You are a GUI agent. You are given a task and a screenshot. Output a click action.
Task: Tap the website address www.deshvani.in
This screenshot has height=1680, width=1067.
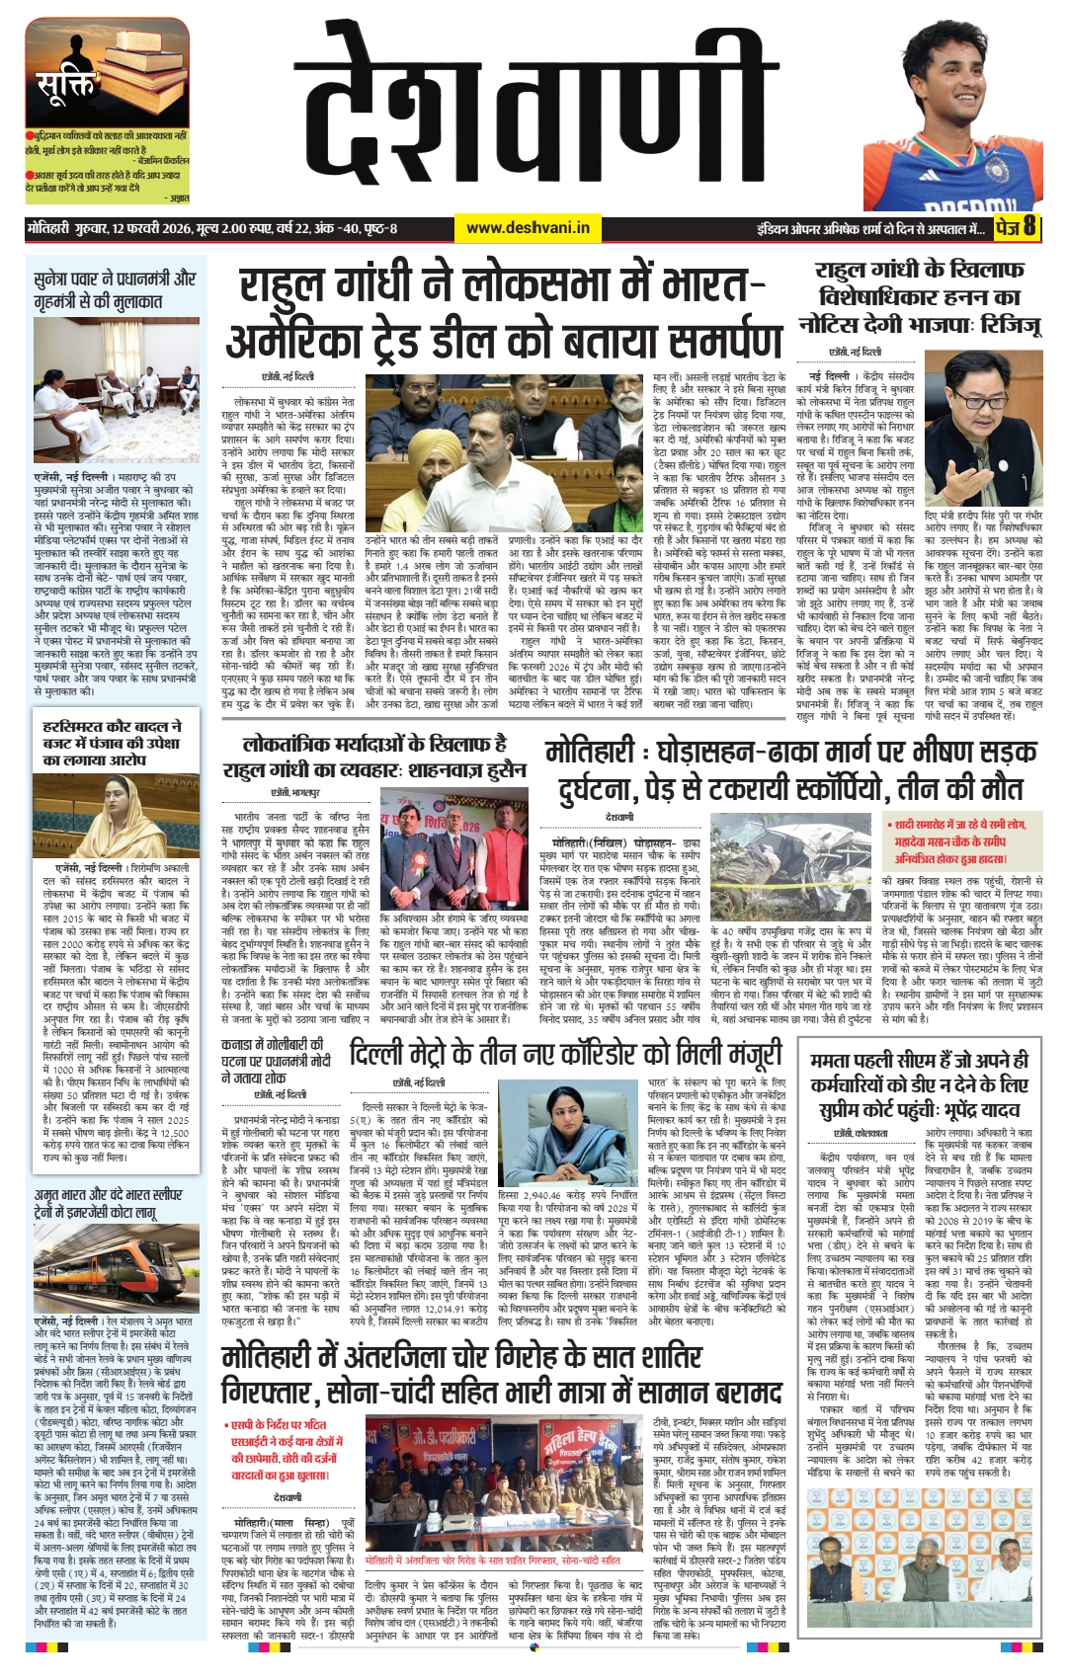click(528, 228)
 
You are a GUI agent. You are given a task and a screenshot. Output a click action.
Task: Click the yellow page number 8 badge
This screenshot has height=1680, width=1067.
click(1028, 227)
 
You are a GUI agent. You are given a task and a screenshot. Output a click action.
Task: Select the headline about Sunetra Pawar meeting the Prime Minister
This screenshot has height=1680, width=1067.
click(115, 290)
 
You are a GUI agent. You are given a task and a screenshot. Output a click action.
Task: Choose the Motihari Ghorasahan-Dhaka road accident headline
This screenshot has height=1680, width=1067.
click(791, 769)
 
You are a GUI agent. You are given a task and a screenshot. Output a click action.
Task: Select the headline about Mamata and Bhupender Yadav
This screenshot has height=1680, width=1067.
click(919, 1084)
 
